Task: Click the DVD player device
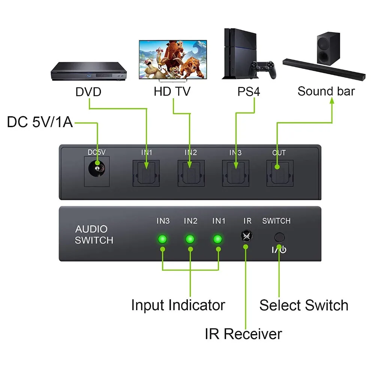[x=88, y=71]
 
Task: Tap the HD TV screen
[x=173, y=59]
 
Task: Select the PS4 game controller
[x=262, y=70]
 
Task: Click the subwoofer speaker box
[x=328, y=48]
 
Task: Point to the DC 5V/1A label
[x=40, y=122]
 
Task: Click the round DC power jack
[x=97, y=168]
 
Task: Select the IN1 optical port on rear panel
[x=146, y=173]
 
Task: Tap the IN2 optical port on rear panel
[x=191, y=173]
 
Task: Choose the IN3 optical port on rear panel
[x=235, y=173]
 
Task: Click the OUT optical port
[x=280, y=173]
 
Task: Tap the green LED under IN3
[x=162, y=239]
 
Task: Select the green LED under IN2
[x=190, y=239]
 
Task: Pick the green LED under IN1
[x=217, y=239]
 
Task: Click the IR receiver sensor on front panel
[x=247, y=236]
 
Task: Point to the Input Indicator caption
[x=178, y=305]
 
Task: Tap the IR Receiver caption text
[x=243, y=334]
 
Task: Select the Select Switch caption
[x=304, y=305]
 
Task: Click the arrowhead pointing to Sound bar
[x=332, y=100]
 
